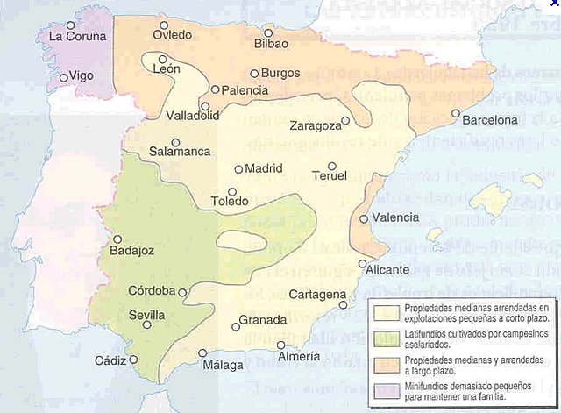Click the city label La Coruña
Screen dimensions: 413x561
(77, 37)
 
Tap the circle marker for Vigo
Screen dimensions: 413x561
(63, 77)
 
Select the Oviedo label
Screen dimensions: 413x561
(171, 36)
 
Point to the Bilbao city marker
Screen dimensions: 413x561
(268, 32)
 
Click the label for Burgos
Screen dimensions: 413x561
(280, 73)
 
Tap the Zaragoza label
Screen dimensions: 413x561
(315, 126)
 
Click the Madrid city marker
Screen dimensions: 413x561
(238, 169)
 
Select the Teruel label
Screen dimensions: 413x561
(330, 176)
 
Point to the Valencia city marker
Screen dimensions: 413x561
(364, 218)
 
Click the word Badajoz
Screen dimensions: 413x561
(131, 251)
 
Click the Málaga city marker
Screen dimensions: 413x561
(203, 353)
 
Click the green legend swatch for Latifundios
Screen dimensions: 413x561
(386, 338)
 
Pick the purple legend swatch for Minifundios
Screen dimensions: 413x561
(386, 390)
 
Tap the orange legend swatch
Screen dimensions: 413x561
(386, 364)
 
